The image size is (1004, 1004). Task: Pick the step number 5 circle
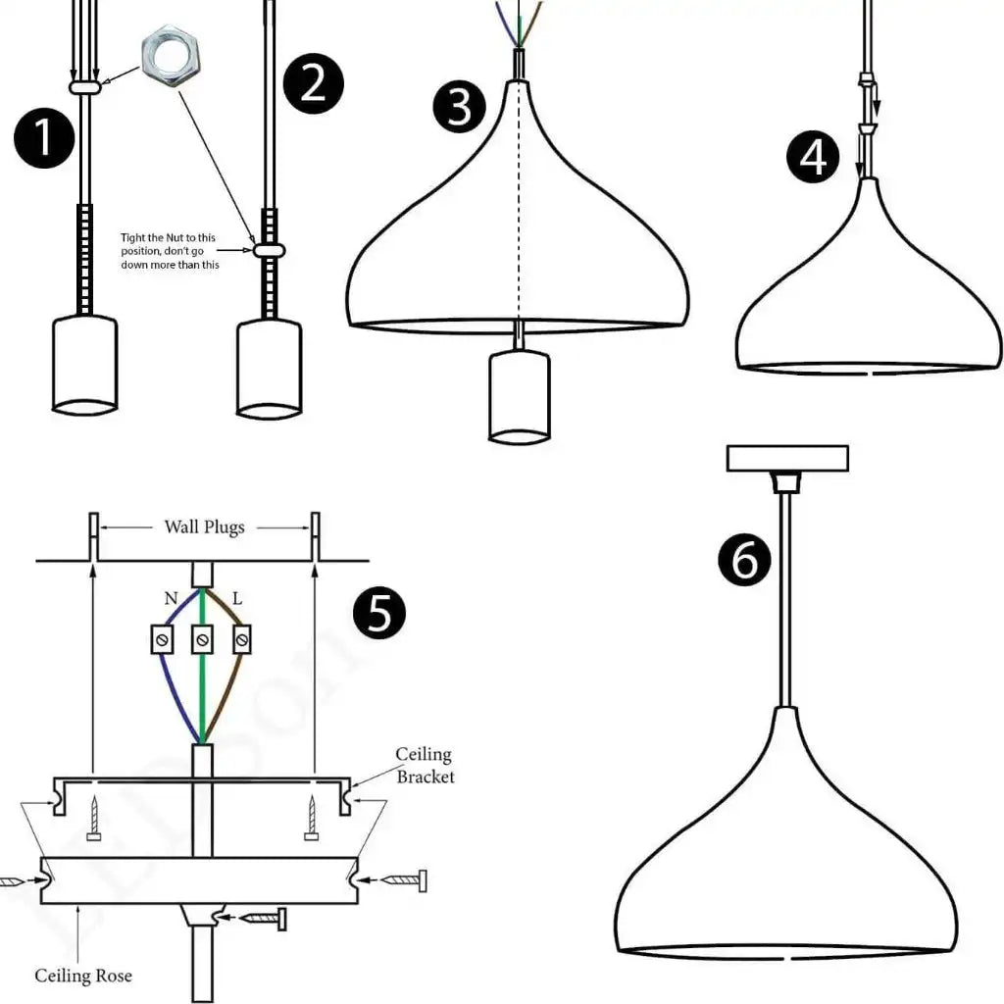[378, 614]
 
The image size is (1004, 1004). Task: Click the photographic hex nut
[172, 59]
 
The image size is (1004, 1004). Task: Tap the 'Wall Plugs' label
[204, 527]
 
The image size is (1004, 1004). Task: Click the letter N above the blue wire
[171, 597]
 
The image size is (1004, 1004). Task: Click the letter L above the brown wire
[236, 597]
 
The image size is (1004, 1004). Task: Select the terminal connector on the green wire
[202, 640]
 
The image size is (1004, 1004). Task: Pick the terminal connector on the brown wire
[240, 640]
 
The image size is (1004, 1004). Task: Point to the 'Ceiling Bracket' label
[425, 766]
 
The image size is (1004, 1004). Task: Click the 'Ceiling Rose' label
[83, 976]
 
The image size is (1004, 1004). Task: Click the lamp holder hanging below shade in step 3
[519, 394]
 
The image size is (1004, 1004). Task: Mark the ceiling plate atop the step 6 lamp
[786, 458]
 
